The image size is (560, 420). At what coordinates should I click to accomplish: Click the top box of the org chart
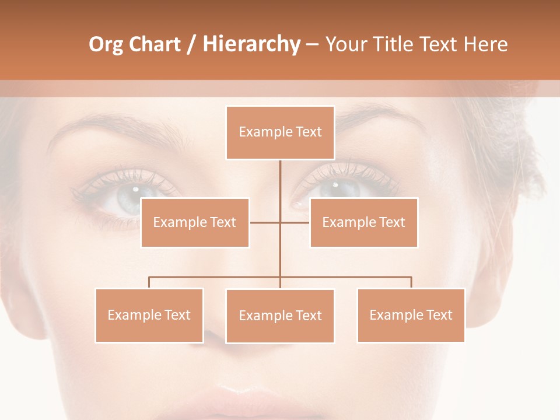(280, 132)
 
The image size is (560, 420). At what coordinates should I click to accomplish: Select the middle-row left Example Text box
(195, 222)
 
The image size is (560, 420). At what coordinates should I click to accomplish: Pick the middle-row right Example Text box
(363, 222)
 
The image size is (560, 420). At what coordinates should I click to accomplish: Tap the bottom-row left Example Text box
(149, 315)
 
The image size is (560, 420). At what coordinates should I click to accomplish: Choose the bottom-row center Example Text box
(280, 316)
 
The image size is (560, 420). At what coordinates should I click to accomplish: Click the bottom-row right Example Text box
(411, 315)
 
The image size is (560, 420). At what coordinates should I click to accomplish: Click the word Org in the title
(106, 44)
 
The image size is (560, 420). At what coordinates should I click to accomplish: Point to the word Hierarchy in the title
(251, 44)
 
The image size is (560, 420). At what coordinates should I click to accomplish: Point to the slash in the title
(191, 44)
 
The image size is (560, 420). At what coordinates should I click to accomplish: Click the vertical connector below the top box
(280, 187)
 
